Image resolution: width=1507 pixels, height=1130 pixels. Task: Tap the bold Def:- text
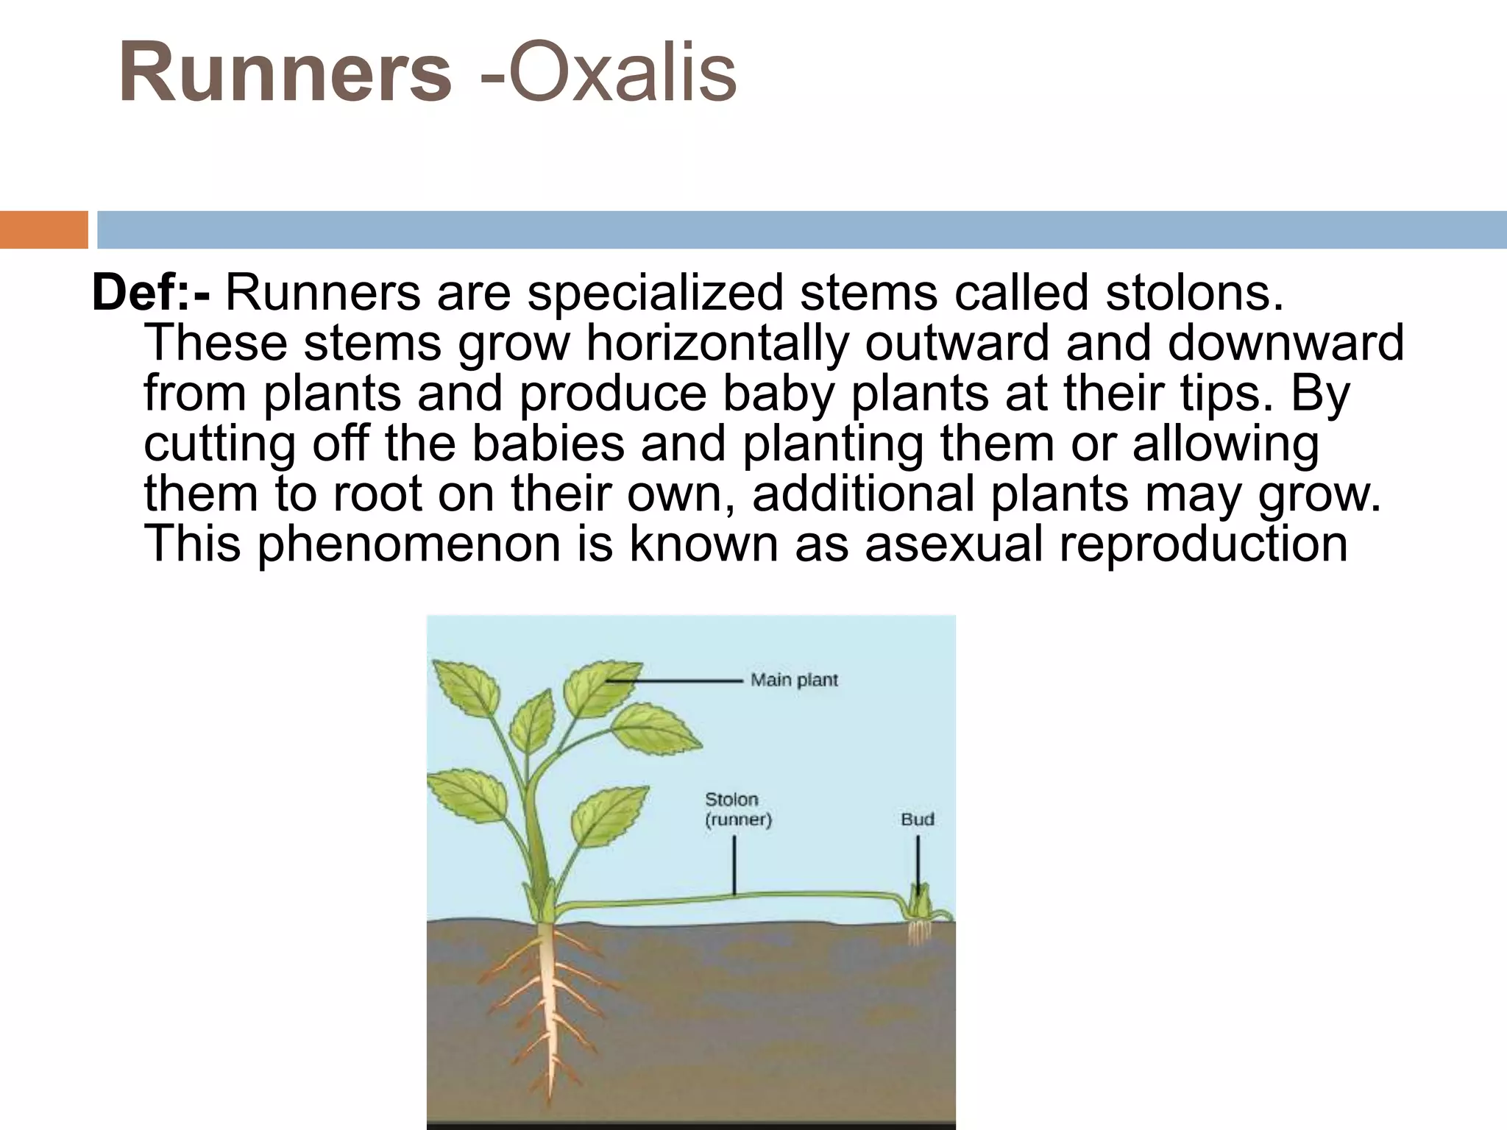pyautogui.click(x=151, y=292)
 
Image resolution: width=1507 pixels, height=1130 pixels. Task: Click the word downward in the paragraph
pyautogui.click(x=1286, y=343)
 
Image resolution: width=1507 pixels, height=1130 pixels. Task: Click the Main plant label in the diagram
pyautogui.click(x=794, y=680)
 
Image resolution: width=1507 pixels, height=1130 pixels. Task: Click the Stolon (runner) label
pyautogui.click(x=737, y=809)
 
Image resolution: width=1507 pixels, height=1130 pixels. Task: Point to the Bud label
pyautogui.click(x=917, y=819)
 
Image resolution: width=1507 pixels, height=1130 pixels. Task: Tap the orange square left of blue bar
pyautogui.click(x=43, y=230)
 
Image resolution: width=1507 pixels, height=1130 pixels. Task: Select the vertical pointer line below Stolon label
pyautogui.click(x=734, y=864)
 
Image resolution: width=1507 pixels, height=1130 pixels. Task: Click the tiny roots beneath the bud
pyautogui.click(x=917, y=933)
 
